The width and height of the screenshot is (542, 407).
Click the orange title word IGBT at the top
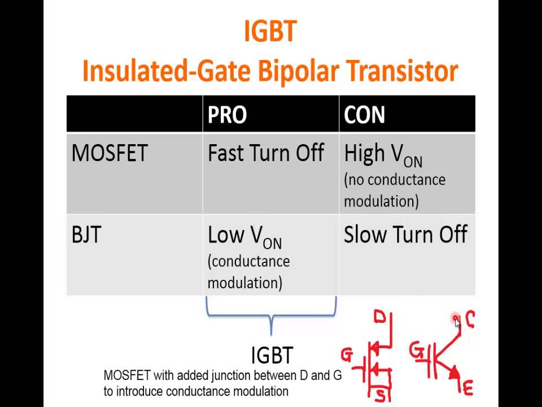click(270, 32)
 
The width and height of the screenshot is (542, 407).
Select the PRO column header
click(227, 115)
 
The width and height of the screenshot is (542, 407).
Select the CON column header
click(364, 115)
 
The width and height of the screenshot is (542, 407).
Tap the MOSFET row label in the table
click(110, 154)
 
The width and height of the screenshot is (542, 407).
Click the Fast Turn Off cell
click(265, 154)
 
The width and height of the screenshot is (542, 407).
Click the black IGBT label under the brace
click(272, 356)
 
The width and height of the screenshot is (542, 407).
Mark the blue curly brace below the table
click(272, 314)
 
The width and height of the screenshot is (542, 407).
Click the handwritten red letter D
click(379, 318)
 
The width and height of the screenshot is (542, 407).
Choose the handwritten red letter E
click(467, 388)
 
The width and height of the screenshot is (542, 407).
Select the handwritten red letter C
click(470, 320)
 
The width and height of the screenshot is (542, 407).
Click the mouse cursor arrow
click(457, 323)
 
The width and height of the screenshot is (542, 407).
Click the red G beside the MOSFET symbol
click(347, 356)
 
